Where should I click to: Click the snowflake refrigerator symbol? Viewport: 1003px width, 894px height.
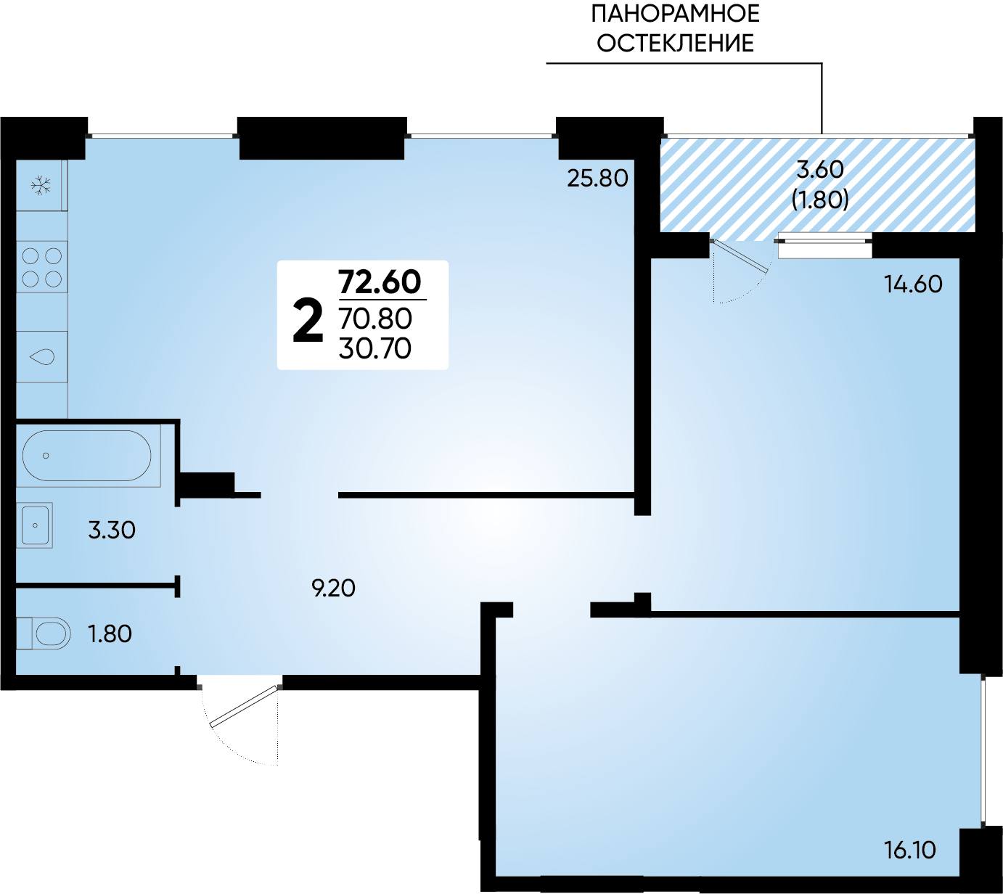pos(41,186)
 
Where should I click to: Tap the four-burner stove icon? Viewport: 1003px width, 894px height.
pos(42,267)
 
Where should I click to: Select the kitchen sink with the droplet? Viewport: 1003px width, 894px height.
pos(42,356)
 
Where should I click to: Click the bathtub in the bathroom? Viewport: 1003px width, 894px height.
pos(87,456)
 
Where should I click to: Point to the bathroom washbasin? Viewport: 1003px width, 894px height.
pos(35,525)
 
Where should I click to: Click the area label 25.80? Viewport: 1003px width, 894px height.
pos(597,179)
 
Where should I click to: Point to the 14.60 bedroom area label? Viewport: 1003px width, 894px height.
pos(914,284)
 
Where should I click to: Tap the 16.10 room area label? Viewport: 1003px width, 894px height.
pos(910,850)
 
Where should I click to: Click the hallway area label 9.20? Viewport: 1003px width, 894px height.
pos(334,589)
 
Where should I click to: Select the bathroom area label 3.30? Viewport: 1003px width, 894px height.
pos(112,530)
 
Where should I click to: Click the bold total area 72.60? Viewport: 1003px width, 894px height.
pos(380,282)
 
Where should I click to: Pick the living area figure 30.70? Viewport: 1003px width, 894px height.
pos(375,348)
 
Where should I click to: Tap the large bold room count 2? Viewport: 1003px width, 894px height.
pos(308,321)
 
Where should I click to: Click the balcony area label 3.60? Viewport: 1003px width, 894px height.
pos(820,170)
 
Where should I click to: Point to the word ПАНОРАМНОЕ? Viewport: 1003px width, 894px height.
pos(675,13)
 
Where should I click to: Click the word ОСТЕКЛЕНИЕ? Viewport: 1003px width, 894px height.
pos(675,43)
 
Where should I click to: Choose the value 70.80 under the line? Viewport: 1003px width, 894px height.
pos(375,319)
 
